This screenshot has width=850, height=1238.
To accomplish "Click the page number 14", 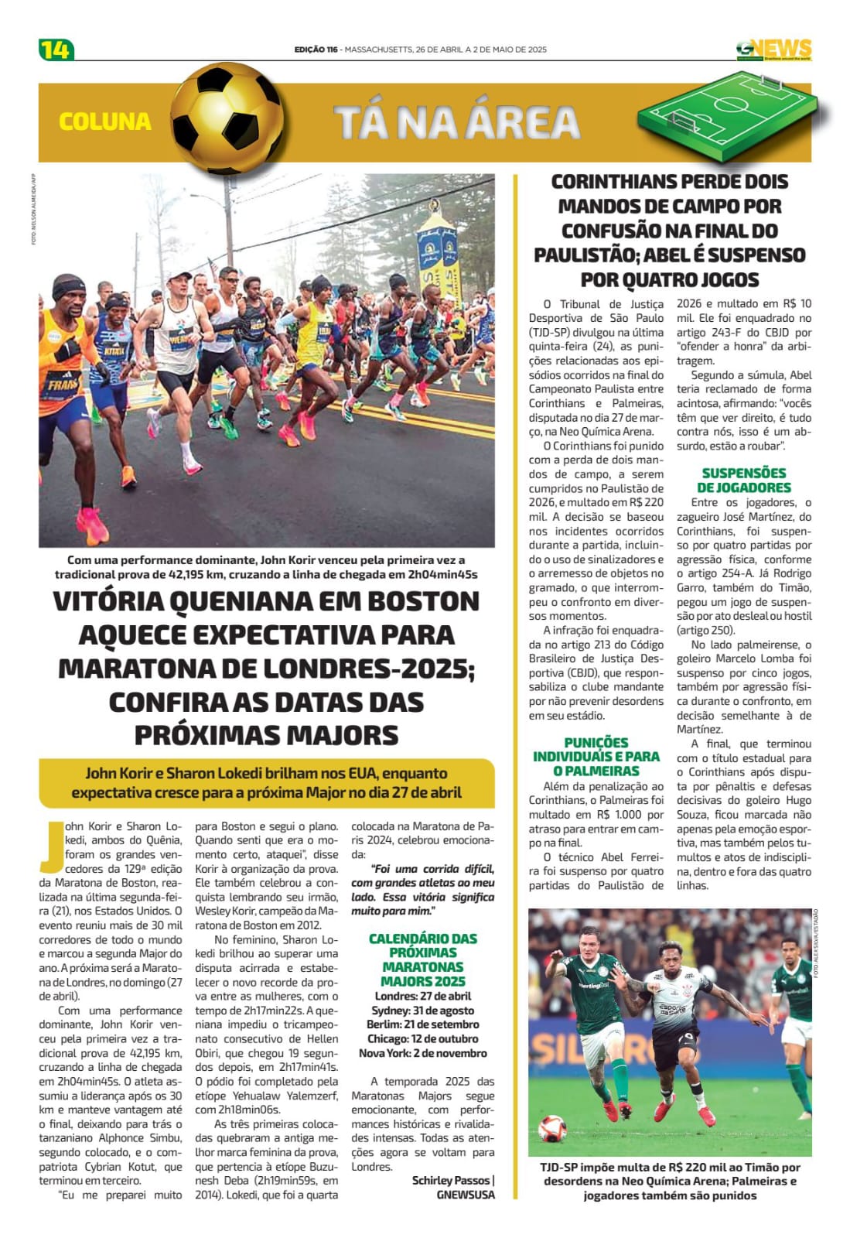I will pyautogui.click(x=55, y=50).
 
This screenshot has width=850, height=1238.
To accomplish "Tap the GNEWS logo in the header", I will pyautogui.click(x=774, y=50).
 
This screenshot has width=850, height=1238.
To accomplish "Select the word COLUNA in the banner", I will pyautogui.click(x=105, y=121).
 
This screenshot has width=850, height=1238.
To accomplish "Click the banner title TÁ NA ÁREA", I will pyautogui.click(x=457, y=122).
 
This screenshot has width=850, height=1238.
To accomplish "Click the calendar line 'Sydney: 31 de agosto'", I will pyautogui.click(x=423, y=1011).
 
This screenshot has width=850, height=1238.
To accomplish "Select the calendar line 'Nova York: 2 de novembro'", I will pyautogui.click(x=423, y=1053).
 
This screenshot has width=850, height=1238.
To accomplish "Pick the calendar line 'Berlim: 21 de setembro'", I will pyautogui.click(x=423, y=1024).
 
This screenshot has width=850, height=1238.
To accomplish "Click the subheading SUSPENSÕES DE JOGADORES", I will pyautogui.click(x=744, y=480).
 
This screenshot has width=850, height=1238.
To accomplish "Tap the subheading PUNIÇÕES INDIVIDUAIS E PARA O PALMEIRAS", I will pyautogui.click(x=596, y=756).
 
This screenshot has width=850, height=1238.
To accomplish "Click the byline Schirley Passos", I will pyautogui.click(x=452, y=1180).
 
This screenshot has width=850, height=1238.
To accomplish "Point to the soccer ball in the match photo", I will pyautogui.click(x=552, y=1128).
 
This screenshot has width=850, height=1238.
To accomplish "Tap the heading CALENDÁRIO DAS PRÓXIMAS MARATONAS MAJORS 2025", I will pyautogui.click(x=423, y=959).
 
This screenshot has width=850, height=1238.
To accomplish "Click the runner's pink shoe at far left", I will pyautogui.click(x=93, y=526).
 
